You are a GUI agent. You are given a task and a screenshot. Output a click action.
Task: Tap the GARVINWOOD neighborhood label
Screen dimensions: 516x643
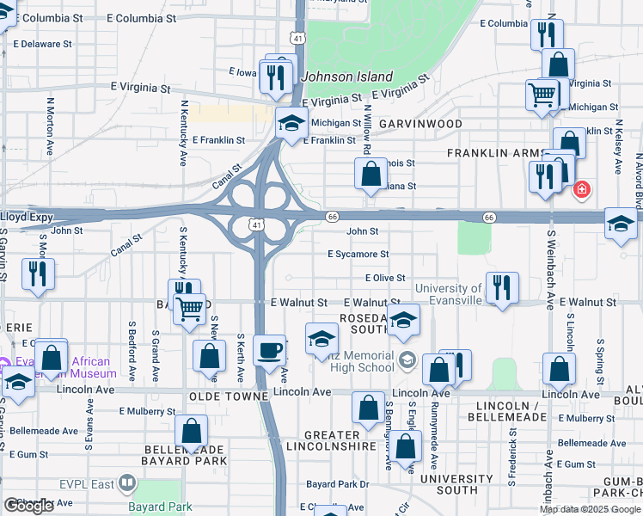click(x=420, y=124)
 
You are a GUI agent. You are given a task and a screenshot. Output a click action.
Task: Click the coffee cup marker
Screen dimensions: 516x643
click(x=270, y=351)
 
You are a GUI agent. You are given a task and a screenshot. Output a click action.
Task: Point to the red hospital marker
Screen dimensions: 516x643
click(x=582, y=188)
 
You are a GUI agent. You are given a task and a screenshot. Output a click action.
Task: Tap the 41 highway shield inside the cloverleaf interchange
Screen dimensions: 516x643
click(x=257, y=224)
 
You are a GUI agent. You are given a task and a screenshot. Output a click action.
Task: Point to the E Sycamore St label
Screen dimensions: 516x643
click(x=358, y=255)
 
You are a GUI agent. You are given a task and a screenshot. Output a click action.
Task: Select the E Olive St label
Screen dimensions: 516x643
click(x=384, y=279)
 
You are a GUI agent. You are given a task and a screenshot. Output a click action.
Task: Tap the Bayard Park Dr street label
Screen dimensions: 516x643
click(x=337, y=484)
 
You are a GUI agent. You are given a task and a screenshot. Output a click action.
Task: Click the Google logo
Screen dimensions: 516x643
click(x=28, y=506)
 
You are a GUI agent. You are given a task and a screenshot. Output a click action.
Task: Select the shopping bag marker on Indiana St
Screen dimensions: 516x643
click(x=370, y=175)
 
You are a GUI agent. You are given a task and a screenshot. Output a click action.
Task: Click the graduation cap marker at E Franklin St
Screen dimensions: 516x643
click(x=291, y=124)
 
